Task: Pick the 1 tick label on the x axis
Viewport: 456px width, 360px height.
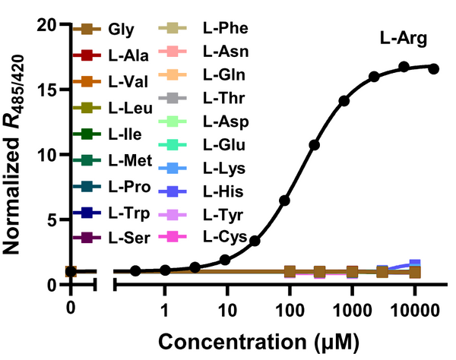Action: [164, 310]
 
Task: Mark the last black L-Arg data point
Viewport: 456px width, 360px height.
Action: [434, 68]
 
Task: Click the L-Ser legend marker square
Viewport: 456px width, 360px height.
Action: [85, 237]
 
